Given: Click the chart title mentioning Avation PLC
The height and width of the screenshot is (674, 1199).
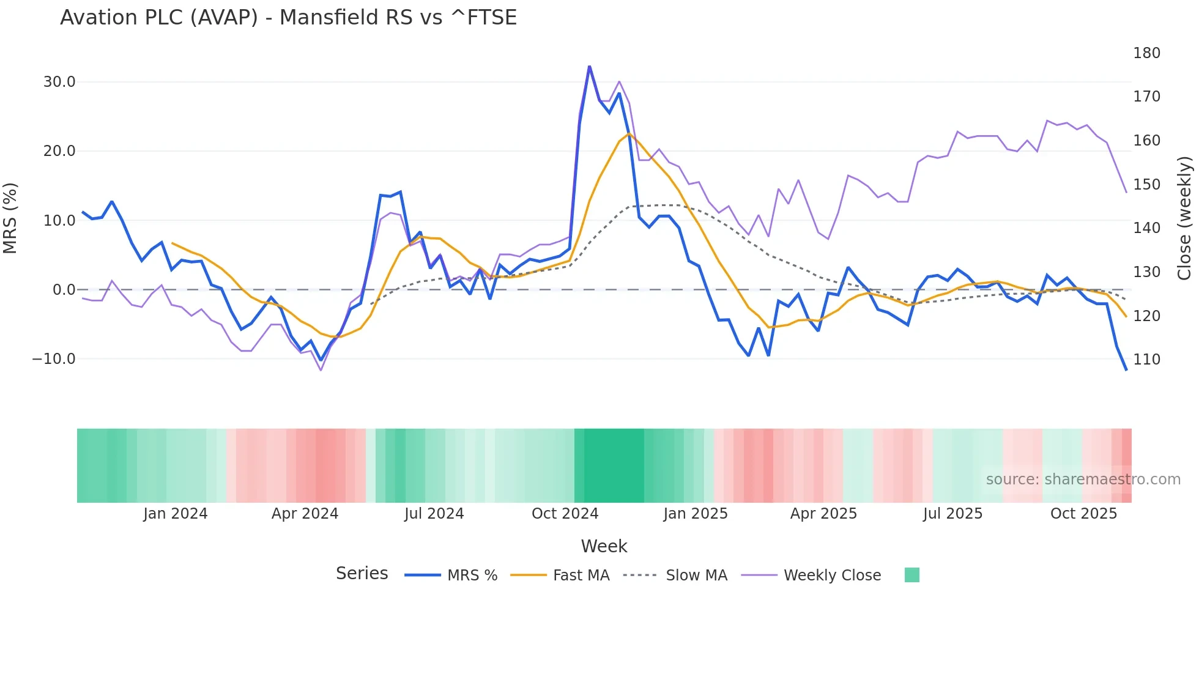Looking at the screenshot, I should pos(288,18).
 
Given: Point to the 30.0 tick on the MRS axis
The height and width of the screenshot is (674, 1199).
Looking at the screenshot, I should pos(59,82).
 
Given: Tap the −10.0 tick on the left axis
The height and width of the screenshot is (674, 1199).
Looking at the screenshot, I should pos(54,359).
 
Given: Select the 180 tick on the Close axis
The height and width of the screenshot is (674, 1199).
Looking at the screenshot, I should pos(1146,53).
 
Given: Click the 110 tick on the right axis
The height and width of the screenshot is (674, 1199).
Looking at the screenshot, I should pos(1146,360).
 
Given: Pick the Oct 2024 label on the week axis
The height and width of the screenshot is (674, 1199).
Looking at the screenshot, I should pos(565,514).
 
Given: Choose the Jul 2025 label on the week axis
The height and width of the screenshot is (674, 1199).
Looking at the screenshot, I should pos(952,514).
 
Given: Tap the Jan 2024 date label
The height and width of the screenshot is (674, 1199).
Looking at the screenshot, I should pos(176,514).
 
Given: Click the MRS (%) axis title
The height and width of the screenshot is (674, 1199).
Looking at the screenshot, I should pos(10,218).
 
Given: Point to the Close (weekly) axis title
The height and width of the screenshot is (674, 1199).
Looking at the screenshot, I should pos(1185,218).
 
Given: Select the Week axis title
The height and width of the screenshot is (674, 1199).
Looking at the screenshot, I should pos(604,546).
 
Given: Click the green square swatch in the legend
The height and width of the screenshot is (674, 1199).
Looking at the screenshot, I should pos(911,575).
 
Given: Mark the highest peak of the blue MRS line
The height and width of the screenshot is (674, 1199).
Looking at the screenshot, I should pos(589,67).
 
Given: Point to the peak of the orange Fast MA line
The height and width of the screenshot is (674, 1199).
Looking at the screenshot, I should pos(629,134).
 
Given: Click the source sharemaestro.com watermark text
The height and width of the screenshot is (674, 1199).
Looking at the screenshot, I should pos(1083,480).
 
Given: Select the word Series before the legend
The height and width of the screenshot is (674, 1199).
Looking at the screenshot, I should pos(362,574).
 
